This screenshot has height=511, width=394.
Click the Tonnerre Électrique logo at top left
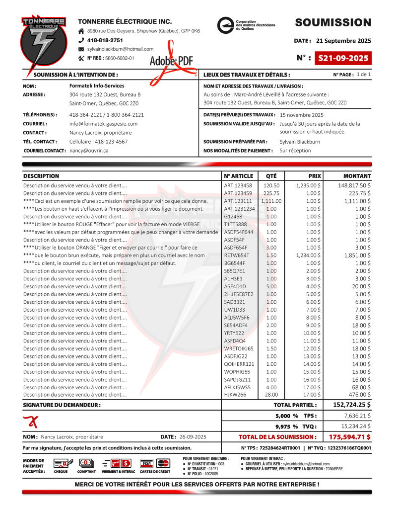click(x=43, y=43)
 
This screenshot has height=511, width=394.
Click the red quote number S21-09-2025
click(x=343, y=58)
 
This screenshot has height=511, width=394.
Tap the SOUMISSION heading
click(x=333, y=22)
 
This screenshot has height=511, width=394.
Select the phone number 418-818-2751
click(x=105, y=40)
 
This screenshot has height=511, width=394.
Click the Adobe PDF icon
click(x=171, y=60)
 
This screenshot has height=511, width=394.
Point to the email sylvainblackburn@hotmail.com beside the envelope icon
click(x=120, y=49)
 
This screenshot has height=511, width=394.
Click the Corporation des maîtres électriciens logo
click(x=246, y=25)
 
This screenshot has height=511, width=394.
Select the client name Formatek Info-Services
click(x=97, y=86)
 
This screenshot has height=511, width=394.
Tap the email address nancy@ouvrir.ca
click(x=89, y=150)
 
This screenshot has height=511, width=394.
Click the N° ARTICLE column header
click(x=239, y=176)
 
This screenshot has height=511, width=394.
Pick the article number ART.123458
click(x=238, y=185)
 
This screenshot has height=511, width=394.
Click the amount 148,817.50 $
click(x=355, y=185)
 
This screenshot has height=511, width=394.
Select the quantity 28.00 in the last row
click(x=271, y=395)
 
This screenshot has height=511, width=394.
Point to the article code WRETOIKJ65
click(x=239, y=348)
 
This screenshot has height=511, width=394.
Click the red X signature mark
click(x=31, y=422)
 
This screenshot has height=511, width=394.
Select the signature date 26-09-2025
click(x=193, y=437)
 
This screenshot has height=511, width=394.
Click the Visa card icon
click(x=147, y=463)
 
